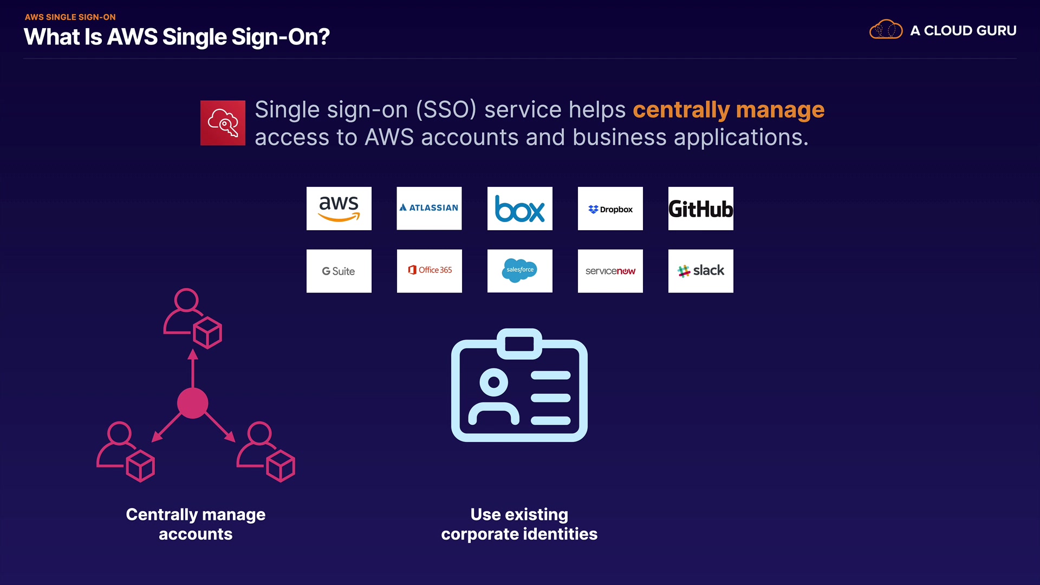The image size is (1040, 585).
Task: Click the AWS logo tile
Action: (339, 209)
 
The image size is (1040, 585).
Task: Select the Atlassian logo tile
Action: (429, 209)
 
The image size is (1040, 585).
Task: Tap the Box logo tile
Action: (519, 209)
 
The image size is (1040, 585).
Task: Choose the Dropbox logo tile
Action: (610, 209)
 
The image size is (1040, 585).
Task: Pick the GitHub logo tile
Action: (700, 209)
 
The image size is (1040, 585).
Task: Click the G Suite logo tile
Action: (339, 271)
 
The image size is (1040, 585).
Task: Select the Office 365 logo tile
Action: (429, 271)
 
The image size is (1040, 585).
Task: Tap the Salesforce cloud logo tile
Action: (519, 271)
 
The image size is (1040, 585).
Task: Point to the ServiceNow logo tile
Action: (610, 271)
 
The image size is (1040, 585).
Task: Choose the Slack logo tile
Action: (700, 271)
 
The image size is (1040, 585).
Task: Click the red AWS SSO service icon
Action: (223, 123)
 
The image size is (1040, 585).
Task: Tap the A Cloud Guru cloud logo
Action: (886, 30)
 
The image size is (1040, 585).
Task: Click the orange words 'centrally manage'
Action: (729, 110)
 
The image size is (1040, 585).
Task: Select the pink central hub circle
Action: (193, 403)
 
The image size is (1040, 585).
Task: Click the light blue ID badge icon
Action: (519, 386)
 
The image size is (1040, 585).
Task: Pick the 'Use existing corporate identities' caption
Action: (519, 524)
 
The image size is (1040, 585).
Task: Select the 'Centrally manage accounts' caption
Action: (196, 524)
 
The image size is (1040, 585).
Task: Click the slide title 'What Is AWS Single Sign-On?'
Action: (177, 37)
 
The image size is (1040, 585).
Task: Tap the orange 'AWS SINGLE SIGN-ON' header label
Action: (70, 17)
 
